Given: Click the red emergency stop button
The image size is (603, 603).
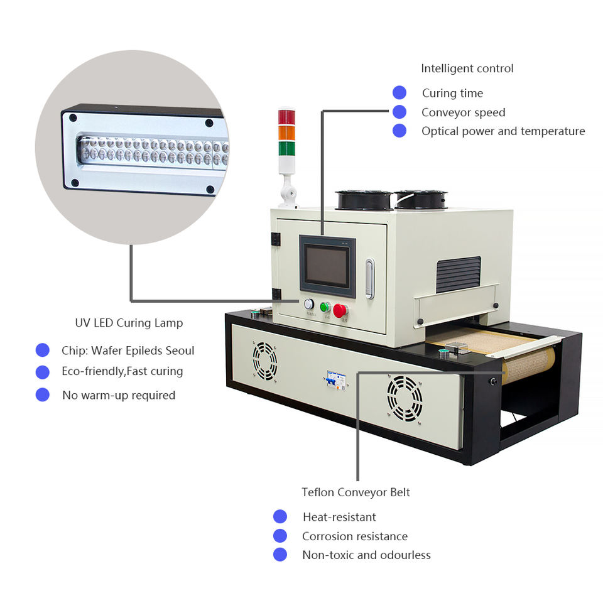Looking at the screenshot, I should click(340, 310).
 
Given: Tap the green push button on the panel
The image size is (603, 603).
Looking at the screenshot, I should click(325, 307).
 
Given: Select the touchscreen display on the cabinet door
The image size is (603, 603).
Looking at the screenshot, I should click(326, 266).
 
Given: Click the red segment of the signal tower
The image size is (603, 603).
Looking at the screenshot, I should click(286, 117).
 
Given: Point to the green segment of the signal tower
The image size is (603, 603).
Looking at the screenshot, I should click(286, 149).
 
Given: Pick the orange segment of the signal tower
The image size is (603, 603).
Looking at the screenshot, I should click(286, 133).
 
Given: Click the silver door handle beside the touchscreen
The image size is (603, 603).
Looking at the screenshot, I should click(370, 278).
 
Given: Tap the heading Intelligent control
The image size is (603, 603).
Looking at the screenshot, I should click(467, 68).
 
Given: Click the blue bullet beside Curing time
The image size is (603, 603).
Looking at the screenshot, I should click(399, 93).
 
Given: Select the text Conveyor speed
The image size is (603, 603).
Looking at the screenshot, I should click(463, 112).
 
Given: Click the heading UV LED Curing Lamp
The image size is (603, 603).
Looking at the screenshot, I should click(129, 323).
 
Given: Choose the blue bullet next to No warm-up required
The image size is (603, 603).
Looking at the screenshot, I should click(43, 395).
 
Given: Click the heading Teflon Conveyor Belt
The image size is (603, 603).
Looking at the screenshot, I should click(356, 492).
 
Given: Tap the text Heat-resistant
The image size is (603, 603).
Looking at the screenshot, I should click(339, 517).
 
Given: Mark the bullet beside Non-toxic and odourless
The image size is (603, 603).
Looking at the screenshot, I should click(280, 555).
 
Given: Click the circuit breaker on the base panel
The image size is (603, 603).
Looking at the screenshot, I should click(335, 380).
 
